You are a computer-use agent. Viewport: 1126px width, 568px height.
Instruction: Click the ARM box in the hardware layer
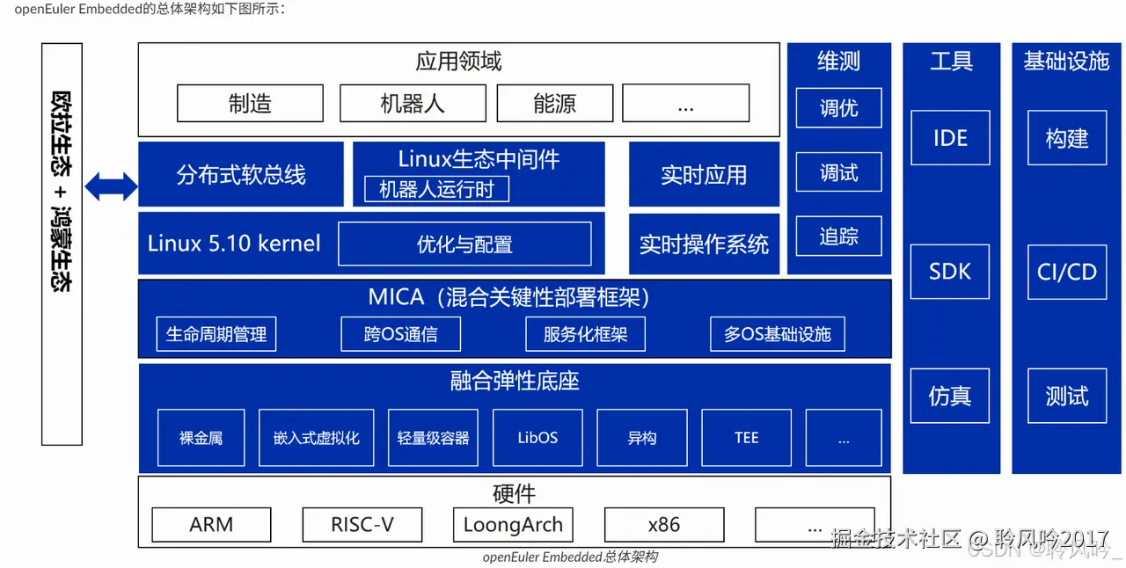(x=211, y=525)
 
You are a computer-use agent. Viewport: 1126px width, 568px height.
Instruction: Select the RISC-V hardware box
(x=362, y=525)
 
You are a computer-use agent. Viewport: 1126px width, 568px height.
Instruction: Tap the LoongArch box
(x=513, y=525)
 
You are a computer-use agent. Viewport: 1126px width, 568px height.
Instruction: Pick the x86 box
(x=663, y=525)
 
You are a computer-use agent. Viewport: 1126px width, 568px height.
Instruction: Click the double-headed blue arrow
(x=111, y=186)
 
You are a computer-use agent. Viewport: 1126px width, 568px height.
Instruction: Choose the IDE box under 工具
(x=950, y=138)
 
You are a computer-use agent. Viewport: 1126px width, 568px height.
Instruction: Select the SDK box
(x=950, y=272)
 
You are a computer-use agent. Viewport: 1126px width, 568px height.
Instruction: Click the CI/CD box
(x=1066, y=272)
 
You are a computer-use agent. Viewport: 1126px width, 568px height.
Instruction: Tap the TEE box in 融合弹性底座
(x=746, y=438)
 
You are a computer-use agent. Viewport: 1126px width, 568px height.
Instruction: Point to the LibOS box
(x=537, y=438)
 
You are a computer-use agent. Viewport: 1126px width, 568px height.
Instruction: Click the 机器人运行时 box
(x=436, y=189)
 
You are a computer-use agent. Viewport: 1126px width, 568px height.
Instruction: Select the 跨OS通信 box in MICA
(x=400, y=334)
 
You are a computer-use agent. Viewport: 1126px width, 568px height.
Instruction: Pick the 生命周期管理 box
(x=216, y=334)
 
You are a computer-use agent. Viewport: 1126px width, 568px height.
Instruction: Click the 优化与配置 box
(x=464, y=244)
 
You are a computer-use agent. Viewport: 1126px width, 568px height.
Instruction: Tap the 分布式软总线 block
(x=240, y=175)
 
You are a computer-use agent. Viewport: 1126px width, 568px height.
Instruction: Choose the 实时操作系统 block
(x=704, y=244)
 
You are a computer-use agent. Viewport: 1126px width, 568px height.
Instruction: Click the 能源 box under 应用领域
(x=554, y=104)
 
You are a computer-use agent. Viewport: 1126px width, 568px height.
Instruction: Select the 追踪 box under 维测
(x=838, y=237)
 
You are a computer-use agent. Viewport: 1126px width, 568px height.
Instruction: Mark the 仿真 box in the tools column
(x=950, y=397)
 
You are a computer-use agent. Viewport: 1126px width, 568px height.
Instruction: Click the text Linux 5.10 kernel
(x=234, y=244)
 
